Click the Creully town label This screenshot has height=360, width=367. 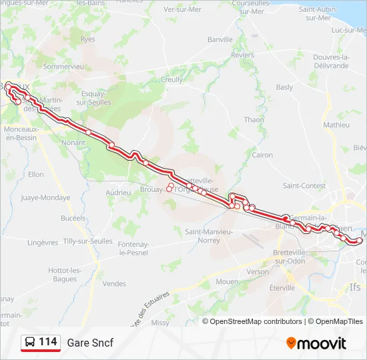click(172, 79)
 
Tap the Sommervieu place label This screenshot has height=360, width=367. click(63, 67)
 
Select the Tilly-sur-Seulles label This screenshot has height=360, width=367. click(70, 241)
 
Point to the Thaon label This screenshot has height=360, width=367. click(254, 120)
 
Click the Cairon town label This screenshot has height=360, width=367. click(262, 155)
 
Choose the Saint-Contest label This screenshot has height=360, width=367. click(304, 186)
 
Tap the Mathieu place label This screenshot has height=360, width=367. click(336, 125)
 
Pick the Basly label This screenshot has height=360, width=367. click(284, 87)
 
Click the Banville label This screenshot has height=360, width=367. click(220, 40)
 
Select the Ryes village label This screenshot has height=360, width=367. click(87, 40)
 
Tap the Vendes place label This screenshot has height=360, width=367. click(114, 283)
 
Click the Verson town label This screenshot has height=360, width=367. click(258, 272)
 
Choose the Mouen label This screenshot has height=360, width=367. click(228, 282)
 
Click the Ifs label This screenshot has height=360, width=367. click(355, 287)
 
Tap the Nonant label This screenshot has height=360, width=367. click(73, 143)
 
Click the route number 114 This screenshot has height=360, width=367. click(47, 342)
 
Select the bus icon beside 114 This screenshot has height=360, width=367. click(30, 342)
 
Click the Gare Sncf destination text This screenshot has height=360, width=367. click(90, 343)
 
